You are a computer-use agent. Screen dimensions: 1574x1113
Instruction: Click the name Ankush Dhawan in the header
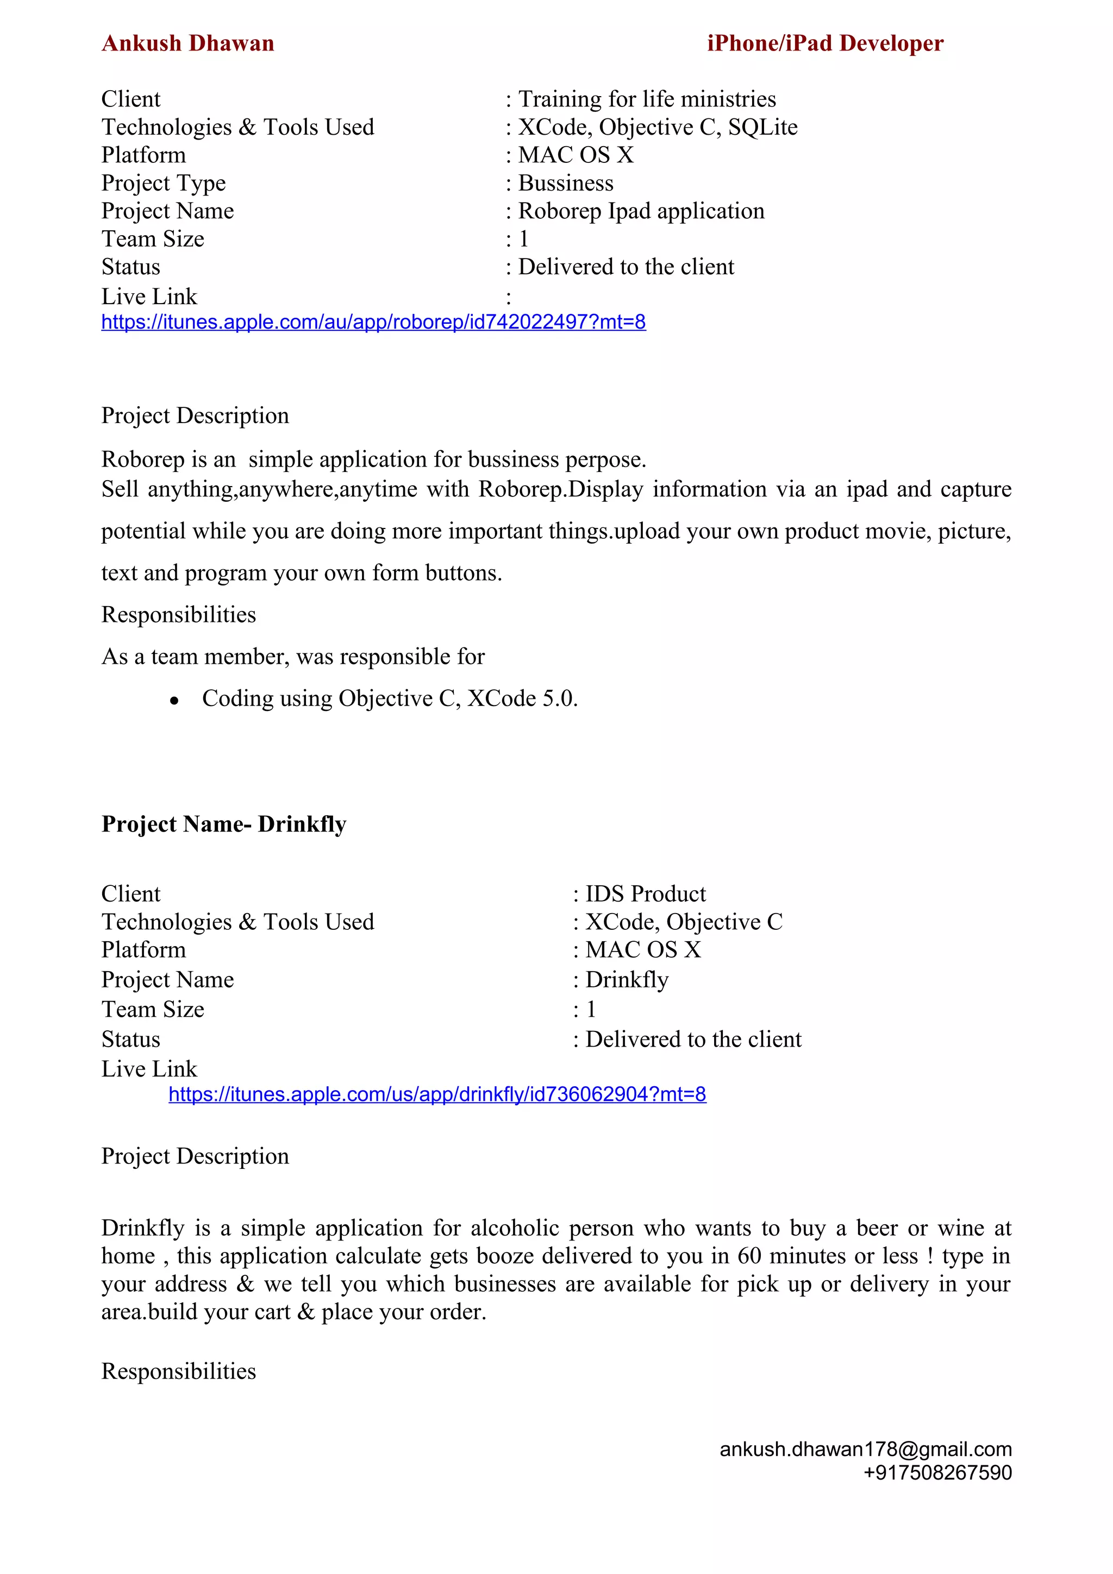coord(188,43)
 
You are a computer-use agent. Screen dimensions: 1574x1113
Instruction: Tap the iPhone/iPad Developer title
coord(825,43)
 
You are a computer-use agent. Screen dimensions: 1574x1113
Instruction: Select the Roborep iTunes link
coord(373,322)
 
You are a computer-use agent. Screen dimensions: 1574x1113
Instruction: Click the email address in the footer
coord(865,1449)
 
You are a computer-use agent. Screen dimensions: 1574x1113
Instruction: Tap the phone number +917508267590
coord(937,1472)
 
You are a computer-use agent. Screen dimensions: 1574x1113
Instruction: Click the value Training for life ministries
coord(647,99)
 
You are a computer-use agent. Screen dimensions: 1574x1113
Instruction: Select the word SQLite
coord(762,128)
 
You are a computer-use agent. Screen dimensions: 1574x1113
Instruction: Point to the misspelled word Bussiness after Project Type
coord(566,183)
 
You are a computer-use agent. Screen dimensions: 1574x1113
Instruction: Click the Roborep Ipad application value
coord(641,211)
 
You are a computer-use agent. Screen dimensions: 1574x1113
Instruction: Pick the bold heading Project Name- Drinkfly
coord(223,824)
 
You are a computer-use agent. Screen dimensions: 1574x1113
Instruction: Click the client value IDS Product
coord(645,894)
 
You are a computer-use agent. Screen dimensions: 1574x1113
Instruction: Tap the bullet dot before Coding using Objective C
coord(174,701)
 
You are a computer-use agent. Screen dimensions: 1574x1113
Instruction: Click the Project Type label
coord(163,183)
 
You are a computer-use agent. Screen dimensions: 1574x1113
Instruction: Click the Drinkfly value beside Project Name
coord(627,980)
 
